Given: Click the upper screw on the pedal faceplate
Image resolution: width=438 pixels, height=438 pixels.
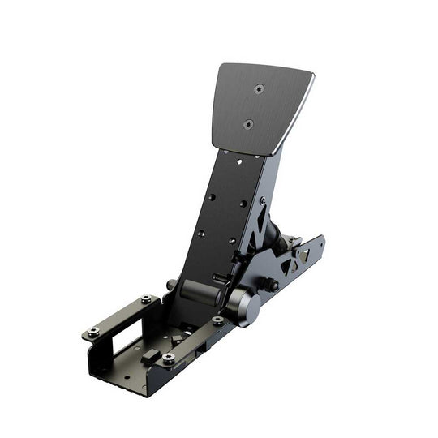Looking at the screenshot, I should click(x=259, y=89).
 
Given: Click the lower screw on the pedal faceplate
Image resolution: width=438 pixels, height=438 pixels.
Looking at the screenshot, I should click(x=248, y=124).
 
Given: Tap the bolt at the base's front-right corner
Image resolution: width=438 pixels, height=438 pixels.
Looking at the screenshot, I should click(x=168, y=358).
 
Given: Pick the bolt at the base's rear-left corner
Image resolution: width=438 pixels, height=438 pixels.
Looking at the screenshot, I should click(x=146, y=299).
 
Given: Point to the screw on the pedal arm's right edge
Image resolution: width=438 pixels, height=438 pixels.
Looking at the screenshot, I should click(x=262, y=200).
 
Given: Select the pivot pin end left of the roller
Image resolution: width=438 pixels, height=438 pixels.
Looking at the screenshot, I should click(x=171, y=285).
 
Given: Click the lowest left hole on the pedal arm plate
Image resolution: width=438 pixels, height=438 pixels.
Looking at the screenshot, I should click(x=201, y=232).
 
